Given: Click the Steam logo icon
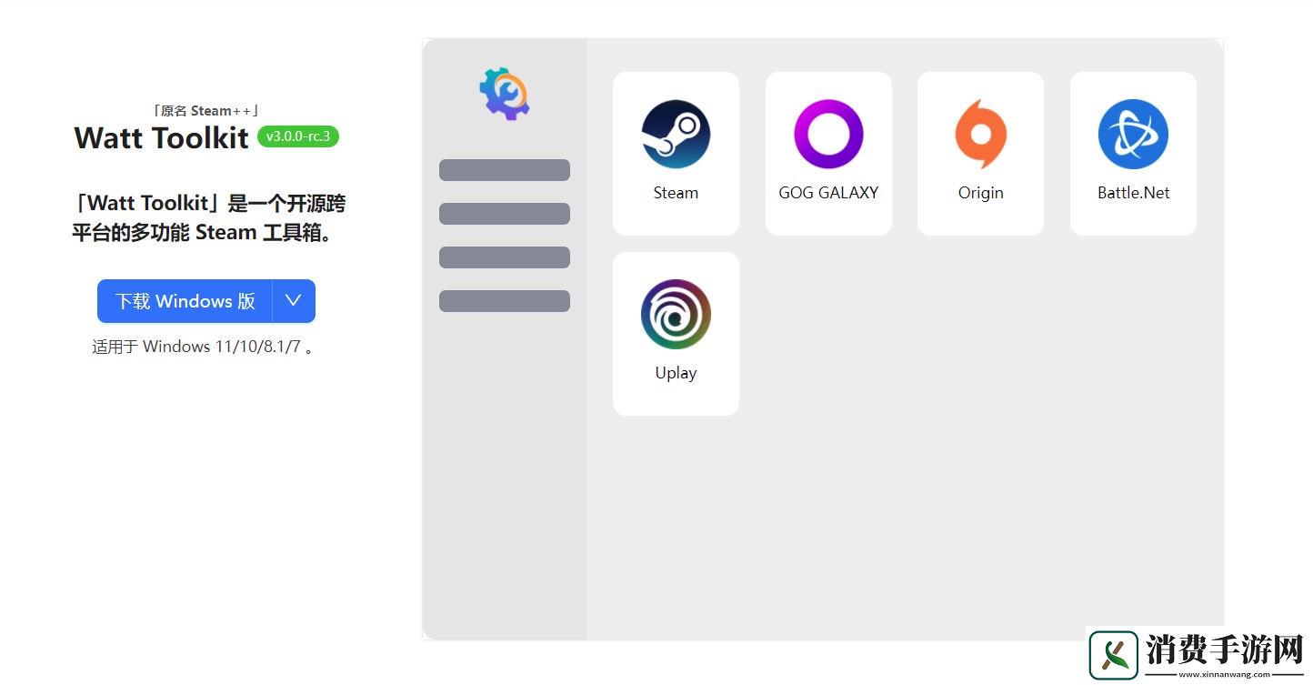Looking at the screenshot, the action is (x=676, y=135).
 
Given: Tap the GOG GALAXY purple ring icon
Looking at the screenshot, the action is (x=828, y=110).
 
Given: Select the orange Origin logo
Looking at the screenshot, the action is (x=980, y=135).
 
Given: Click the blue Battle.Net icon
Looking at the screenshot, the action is (x=1133, y=135).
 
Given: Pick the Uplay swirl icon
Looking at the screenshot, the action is (x=676, y=315).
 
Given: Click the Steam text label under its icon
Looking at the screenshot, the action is (x=676, y=193).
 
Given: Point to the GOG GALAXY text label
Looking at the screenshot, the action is (x=828, y=193).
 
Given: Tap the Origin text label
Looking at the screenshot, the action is (x=980, y=194).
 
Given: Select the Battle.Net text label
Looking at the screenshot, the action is (x=1133, y=193).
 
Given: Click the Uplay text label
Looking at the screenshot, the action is (x=676, y=374).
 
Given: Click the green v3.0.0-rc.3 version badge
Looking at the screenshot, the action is (x=297, y=136).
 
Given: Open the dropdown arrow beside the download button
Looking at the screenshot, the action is (x=294, y=301).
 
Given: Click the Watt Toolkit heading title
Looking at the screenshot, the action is (x=161, y=138).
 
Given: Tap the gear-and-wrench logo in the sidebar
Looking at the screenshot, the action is (x=504, y=94).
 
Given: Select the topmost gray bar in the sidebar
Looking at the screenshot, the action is (x=504, y=170).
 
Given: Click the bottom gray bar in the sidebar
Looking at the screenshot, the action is (x=504, y=301).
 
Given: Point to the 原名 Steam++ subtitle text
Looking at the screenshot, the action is (x=205, y=111).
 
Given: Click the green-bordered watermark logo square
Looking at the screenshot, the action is (x=1113, y=655).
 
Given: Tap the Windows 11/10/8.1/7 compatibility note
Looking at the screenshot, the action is (x=203, y=347).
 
